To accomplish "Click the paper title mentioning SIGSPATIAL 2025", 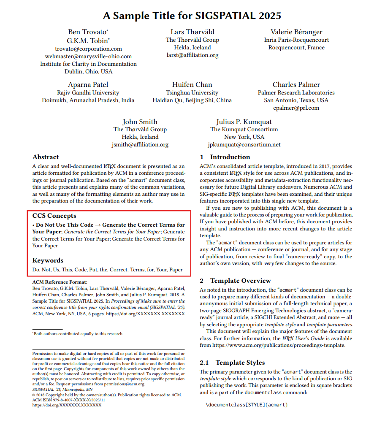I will pyautogui.click(x=192, y=16).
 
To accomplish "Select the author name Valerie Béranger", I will pyautogui.click(x=296, y=32).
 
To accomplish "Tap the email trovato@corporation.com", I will pyautogui.click(x=88, y=49).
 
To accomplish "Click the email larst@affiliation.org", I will pyautogui.click(x=192, y=55).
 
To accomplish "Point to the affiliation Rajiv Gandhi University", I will pyautogui.click(x=88, y=92).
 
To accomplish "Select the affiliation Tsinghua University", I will pyautogui.click(x=192, y=92).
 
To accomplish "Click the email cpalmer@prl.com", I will pyautogui.click(x=296, y=108).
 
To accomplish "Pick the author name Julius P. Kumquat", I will pyautogui.click(x=244, y=122).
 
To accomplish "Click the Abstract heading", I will pyautogui.click(x=46, y=157).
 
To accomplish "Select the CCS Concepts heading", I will pyautogui.click(x=54, y=216).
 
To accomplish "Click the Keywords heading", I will pyautogui.click(x=48, y=260).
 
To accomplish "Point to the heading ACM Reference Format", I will pyautogui.click(x=60, y=282).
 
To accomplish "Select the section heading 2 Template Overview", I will pyautogui.click(x=235, y=281).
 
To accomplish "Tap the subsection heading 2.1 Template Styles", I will pyautogui.click(x=232, y=363).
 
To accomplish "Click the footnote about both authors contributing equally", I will pyautogui.click(x=78, y=333).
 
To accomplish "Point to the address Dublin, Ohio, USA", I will pyautogui.click(x=88, y=71).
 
